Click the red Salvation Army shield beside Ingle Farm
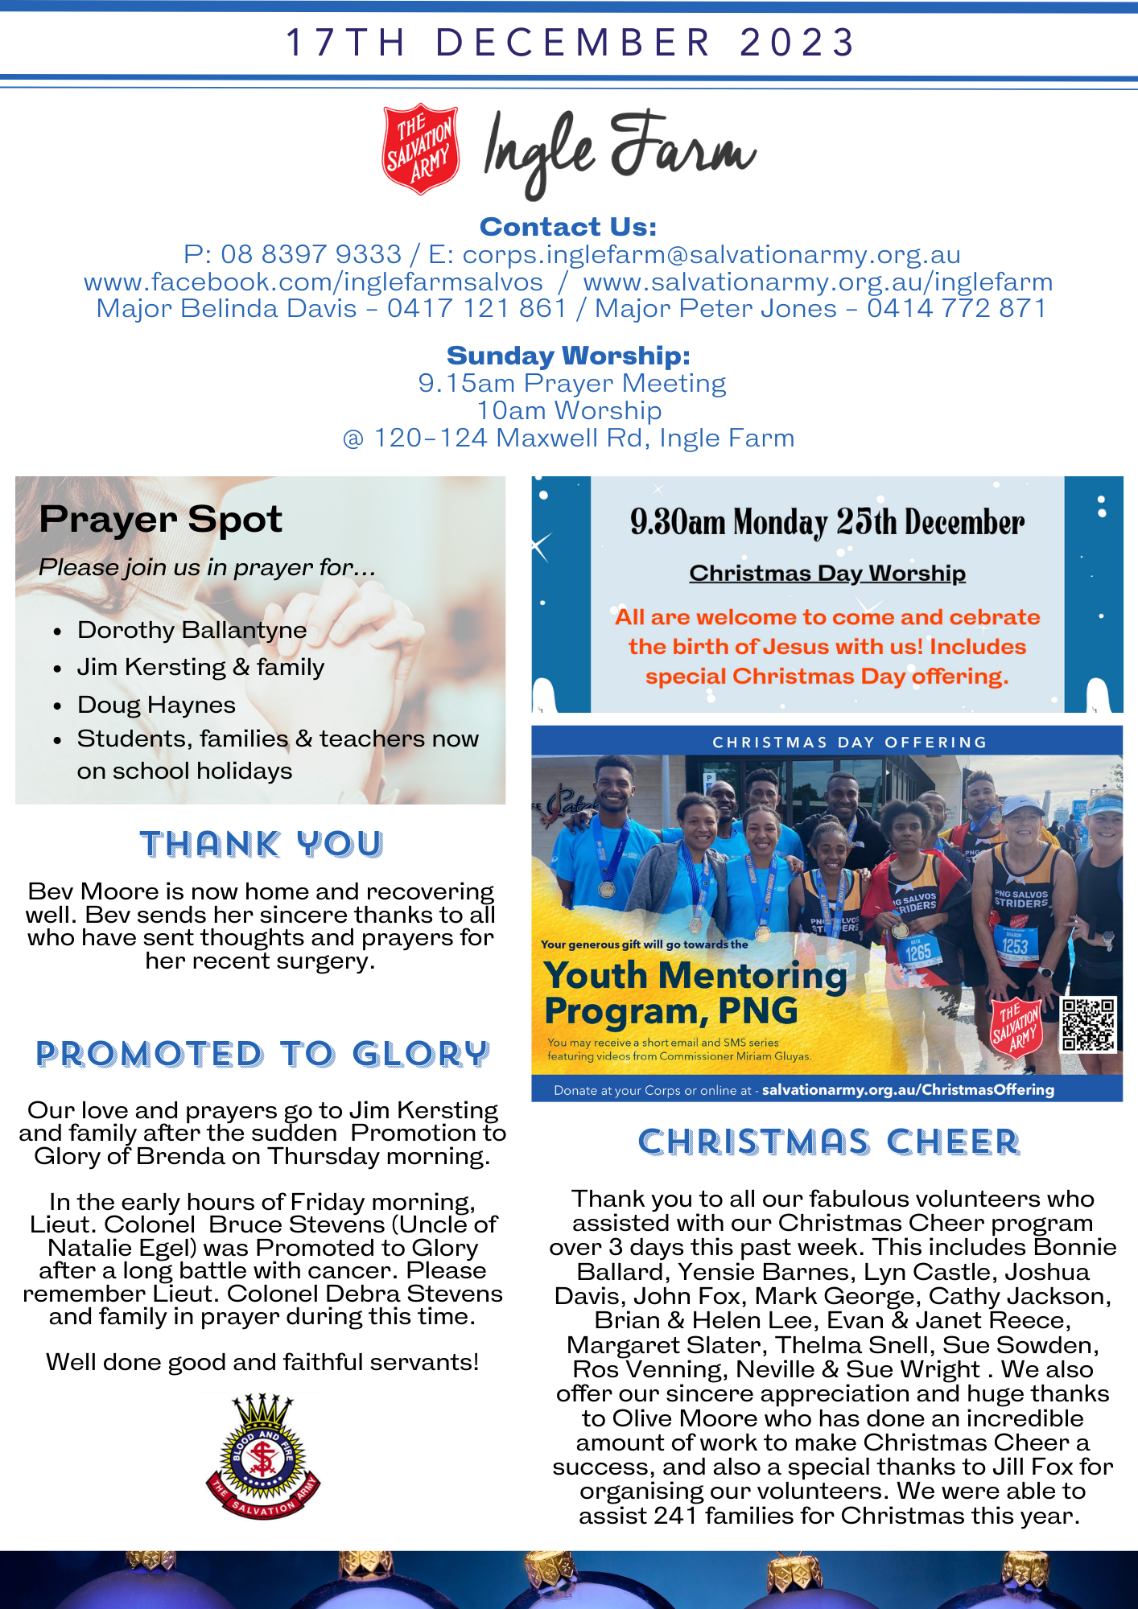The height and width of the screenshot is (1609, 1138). tap(420, 149)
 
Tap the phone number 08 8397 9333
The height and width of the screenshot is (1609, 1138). tap(311, 254)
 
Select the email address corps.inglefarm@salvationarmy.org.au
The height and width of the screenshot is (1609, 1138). tap(711, 254)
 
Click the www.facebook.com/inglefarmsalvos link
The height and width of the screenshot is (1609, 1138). tap(313, 282)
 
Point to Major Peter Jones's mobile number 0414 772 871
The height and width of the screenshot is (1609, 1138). tap(956, 308)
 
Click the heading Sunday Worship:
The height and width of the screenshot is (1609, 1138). tap(568, 355)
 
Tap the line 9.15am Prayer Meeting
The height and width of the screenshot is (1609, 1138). tap(571, 383)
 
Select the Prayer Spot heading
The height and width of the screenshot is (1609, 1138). tap(160, 519)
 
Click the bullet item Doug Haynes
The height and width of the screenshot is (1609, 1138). tap(156, 705)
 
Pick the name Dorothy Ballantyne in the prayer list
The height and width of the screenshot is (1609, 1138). tap(192, 630)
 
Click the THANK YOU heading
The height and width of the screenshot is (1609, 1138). tap(262, 845)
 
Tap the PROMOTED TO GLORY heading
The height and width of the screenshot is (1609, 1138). tap(262, 1054)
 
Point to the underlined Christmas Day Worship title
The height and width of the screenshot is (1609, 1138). tap(827, 573)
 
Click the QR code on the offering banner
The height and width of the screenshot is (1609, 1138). tap(1088, 1024)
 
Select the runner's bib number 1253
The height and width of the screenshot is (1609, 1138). tap(1015, 946)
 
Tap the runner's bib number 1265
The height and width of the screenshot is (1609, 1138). tap(918, 953)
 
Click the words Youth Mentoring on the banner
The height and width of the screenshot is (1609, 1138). tap(695, 975)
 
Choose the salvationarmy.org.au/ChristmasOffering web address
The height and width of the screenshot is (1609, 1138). tap(908, 1089)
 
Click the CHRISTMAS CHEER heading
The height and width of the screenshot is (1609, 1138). tap(829, 1142)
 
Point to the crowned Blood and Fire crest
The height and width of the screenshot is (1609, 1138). tap(263, 1456)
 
